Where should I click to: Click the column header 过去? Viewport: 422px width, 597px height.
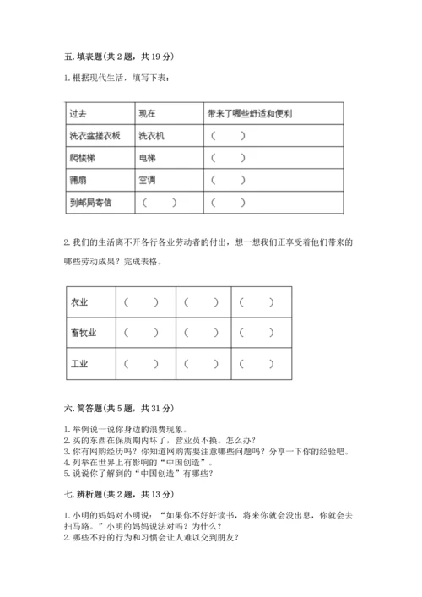pos(78,113)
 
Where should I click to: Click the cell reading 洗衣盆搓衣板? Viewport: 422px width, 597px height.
pos(95,135)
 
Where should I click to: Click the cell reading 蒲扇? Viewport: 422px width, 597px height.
pos(78,180)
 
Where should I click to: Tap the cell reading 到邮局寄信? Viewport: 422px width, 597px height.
pos(90,203)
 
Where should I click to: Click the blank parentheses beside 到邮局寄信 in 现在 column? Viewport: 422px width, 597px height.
pos(160,203)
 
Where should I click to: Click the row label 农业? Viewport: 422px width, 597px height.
pos(80,302)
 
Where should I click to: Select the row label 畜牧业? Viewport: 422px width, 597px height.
pos(84,333)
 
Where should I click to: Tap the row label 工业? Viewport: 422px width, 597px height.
pos(80,364)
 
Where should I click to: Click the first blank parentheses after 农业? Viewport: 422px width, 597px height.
pos(141,302)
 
